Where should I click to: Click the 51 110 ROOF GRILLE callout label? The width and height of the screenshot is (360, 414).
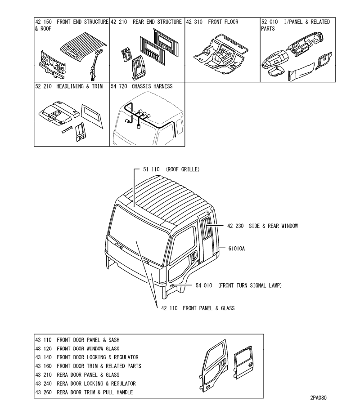(x=171, y=170)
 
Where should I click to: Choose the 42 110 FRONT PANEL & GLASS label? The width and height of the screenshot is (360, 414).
(x=198, y=308)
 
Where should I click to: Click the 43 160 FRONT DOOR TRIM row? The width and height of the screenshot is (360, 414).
(x=88, y=366)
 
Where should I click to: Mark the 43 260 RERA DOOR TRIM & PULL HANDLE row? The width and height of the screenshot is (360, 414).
(x=84, y=392)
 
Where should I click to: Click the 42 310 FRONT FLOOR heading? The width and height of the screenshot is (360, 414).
(x=212, y=22)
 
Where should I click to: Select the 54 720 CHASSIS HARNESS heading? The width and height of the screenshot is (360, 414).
(x=141, y=86)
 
